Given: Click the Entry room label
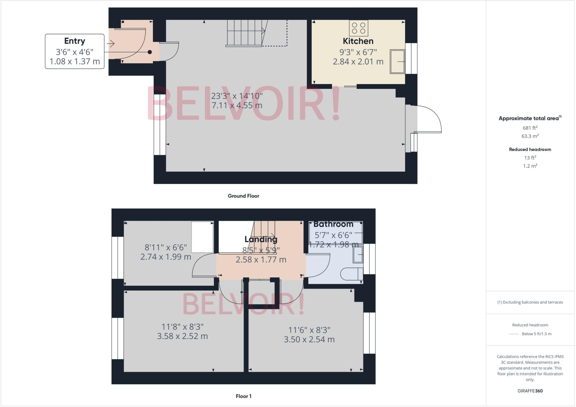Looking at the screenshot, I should coord(75,41).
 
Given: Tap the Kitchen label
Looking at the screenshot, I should coord(358,41).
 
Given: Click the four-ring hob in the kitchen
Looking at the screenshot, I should coord(359,28).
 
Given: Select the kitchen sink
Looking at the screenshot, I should coord(397,62).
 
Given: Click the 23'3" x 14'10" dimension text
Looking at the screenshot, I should coord(237,96).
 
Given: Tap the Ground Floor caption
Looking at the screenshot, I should coord(243,196).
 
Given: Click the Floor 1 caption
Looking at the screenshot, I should coord(243,396).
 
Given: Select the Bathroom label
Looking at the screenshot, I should coord(333,224).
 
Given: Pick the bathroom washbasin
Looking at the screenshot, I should coord(358,255).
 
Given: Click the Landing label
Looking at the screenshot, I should coord(261,239).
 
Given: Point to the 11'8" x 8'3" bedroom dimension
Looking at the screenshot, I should coord(183,327).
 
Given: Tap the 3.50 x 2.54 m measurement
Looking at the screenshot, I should coord(309,339).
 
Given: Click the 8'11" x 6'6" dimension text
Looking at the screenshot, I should coord(166,248).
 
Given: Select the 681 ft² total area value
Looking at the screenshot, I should coord(530,128).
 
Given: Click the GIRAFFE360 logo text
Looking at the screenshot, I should coord(530,391).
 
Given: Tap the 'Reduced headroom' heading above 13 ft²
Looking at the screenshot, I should coord(530,149).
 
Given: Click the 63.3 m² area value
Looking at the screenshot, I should coord(530,136).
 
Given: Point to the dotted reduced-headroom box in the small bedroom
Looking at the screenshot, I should coord(202,237).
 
